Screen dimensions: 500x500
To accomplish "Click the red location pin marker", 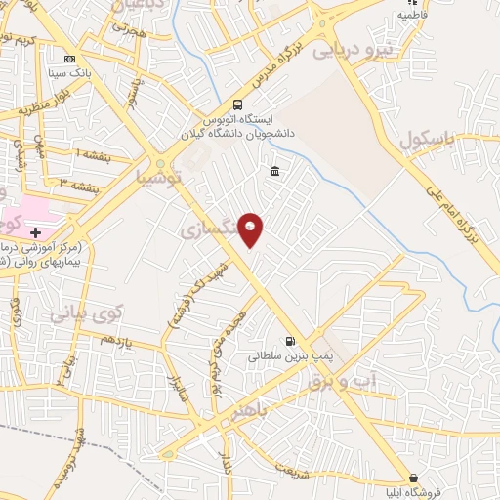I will [x=251, y=229].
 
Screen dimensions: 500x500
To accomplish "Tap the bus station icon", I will [x=237, y=105].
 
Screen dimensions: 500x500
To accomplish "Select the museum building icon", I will [x=273, y=173].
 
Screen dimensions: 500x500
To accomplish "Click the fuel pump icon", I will [x=289, y=341].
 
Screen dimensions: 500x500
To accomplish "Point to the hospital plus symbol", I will [x=35, y=232].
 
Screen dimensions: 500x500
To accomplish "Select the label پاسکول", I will [x=428, y=141].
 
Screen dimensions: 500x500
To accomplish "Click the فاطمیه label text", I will [x=413, y=29].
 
